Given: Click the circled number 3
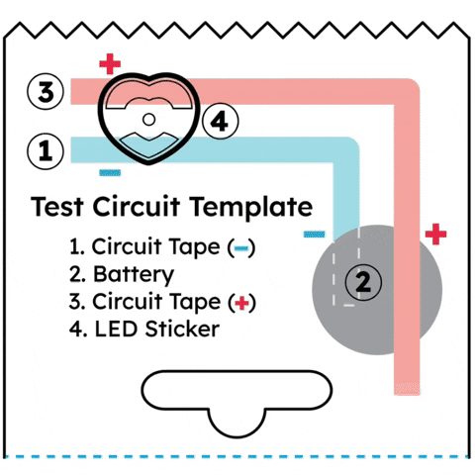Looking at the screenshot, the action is [x=46, y=91].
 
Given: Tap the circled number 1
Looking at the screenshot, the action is [x=46, y=151].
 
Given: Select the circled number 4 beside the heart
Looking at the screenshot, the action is [x=220, y=121].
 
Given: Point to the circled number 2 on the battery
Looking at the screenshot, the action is [x=363, y=282].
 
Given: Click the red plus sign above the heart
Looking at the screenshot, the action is [x=110, y=64].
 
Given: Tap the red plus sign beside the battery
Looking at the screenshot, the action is [x=435, y=234].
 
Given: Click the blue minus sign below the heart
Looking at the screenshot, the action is [x=110, y=172].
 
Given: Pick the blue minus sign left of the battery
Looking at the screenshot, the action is [x=314, y=235].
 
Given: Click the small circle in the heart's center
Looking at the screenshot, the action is [x=148, y=120].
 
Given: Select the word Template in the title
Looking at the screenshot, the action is [x=252, y=208].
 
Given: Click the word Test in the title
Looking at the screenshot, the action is [x=56, y=207].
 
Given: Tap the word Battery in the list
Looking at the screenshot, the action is [x=134, y=275].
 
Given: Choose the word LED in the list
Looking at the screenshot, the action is [x=116, y=329].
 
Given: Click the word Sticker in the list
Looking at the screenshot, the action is [x=182, y=329].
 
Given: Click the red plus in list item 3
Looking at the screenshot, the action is [x=241, y=303].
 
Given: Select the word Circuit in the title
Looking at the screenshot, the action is [x=137, y=207].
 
